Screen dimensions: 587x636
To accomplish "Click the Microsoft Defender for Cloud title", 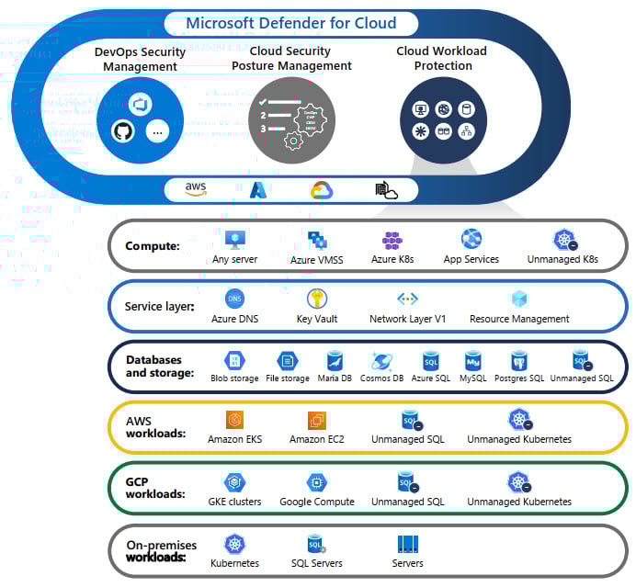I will (x=290, y=23).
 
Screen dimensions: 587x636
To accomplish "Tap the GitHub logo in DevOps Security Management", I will (x=122, y=130).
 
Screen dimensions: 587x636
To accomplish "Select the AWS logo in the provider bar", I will (x=196, y=188).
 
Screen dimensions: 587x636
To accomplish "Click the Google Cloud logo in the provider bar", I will (x=321, y=190).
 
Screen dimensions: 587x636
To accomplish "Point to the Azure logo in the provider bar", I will (x=258, y=190).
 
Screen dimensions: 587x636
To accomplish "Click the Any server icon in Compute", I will (x=235, y=240).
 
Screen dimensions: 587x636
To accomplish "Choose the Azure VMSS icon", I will (x=318, y=241).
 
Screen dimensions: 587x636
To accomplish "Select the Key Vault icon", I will (x=317, y=299).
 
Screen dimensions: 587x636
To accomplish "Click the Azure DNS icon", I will (x=234, y=299).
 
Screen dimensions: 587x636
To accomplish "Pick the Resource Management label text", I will (x=519, y=319).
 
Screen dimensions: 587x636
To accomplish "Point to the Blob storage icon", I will (x=234, y=360).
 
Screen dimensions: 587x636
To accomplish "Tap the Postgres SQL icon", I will (x=518, y=360).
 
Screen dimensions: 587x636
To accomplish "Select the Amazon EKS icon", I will (x=234, y=421).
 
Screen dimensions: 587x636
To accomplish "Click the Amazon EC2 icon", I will (x=318, y=421).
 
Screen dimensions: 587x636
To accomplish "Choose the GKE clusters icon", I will (x=234, y=482).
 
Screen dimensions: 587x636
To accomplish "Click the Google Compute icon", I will (x=317, y=482).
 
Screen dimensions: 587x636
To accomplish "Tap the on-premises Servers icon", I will (x=408, y=544).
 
